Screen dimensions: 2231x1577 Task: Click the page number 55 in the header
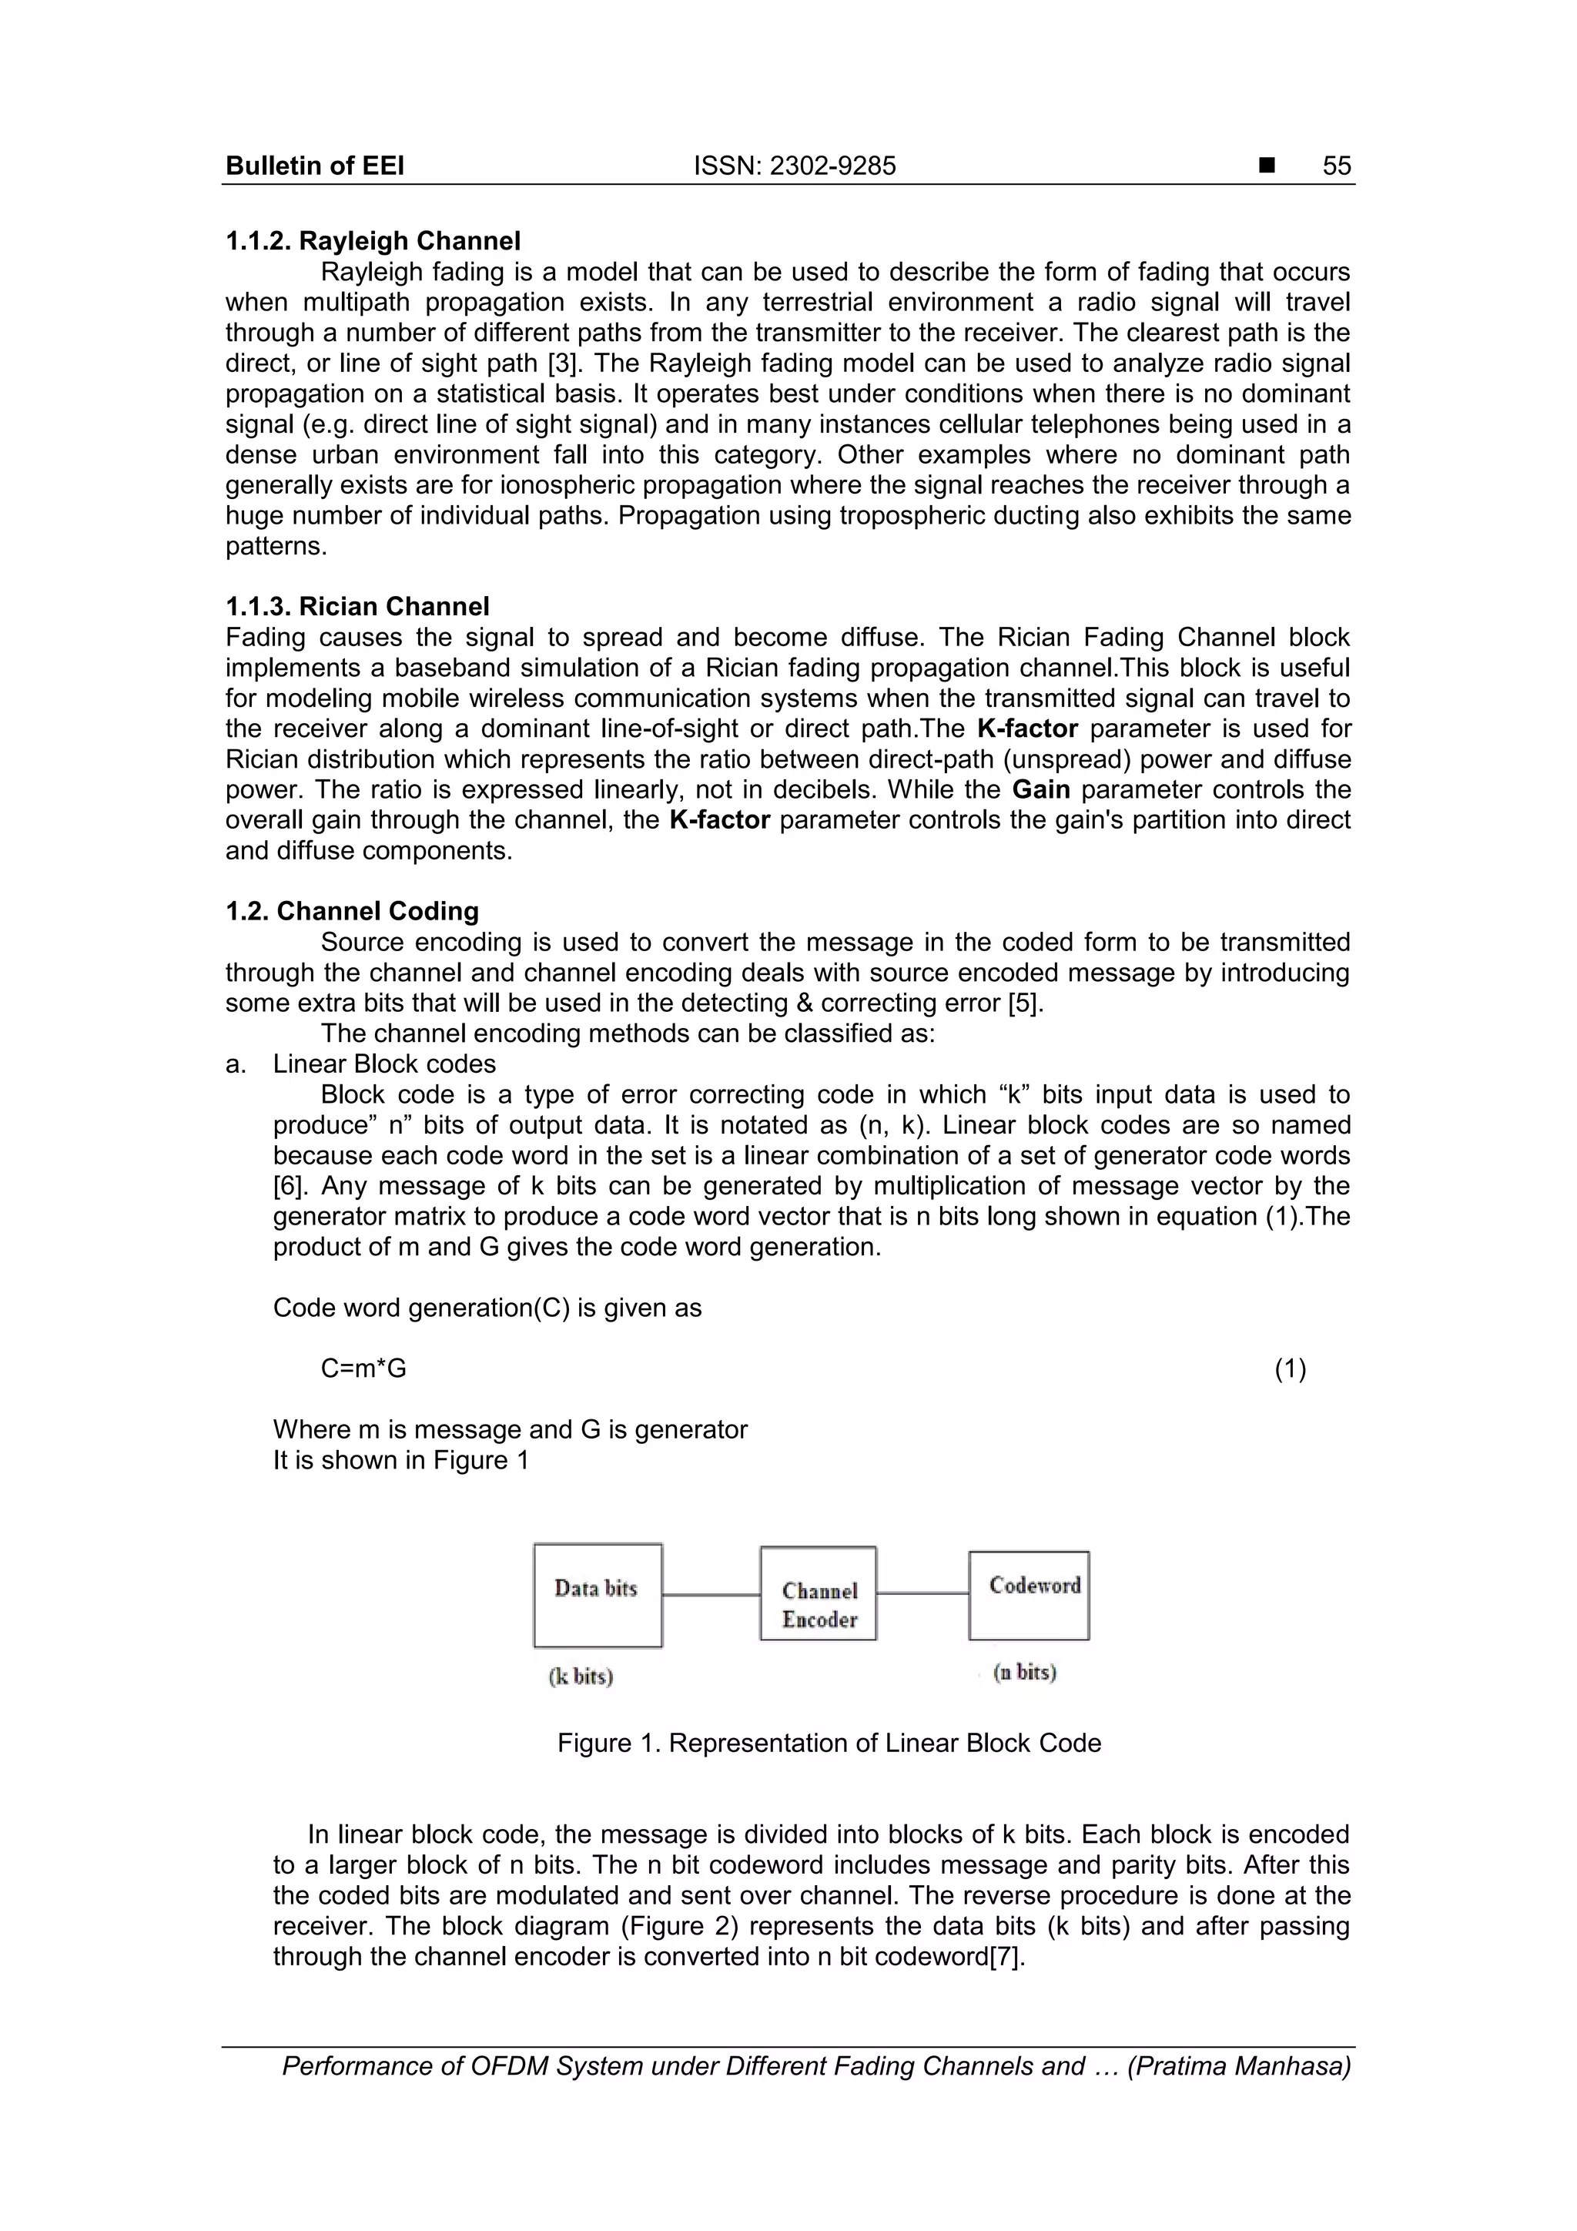coord(1336,166)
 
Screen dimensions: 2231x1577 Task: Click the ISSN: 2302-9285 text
coord(794,166)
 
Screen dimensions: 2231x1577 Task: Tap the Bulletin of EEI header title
coord(315,166)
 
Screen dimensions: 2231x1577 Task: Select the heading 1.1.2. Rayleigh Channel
coord(373,241)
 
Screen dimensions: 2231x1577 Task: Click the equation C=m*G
coord(363,1368)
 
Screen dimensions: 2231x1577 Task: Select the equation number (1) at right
coord(1289,1368)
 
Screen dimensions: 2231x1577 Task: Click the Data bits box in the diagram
coord(598,1595)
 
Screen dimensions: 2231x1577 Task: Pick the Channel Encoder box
coord(818,1593)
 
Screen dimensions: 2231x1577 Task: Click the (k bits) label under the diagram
coord(581,1677)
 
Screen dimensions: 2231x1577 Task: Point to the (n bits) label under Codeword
coord(1024,1671)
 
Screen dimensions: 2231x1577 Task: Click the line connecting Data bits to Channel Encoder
coord(711,1595)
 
